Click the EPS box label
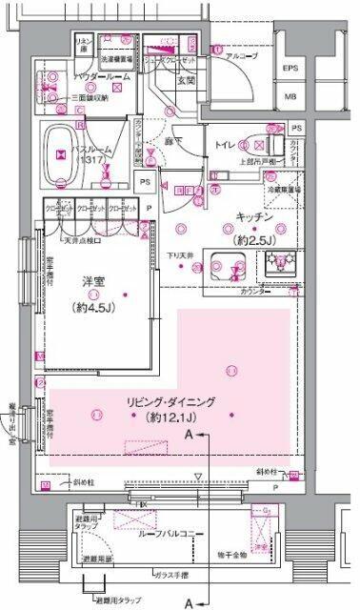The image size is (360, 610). pyautogui.click(x=290, y=70)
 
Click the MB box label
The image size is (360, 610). pyautogui.click(x=290, y=96)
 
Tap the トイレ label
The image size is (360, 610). pyautogui.click(x=226, y=147)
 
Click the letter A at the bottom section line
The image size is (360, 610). pyautogui.click(x=190, y=602)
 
